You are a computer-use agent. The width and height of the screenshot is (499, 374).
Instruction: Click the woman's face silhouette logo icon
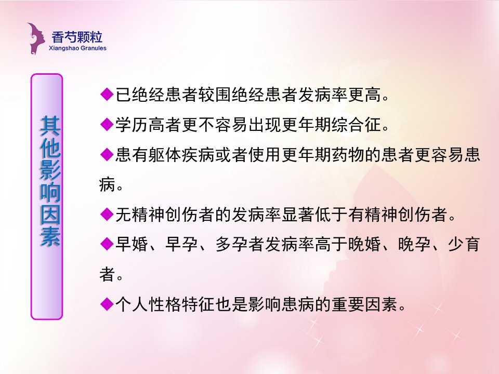point(36,38)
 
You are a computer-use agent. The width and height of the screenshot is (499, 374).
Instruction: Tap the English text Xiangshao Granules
point(77,48)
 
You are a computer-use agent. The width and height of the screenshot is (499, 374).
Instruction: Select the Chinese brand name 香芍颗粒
point(77,37)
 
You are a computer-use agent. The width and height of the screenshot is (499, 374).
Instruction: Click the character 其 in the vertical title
point(50,126)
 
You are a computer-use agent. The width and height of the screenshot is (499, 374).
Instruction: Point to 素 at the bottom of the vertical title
point(50,236)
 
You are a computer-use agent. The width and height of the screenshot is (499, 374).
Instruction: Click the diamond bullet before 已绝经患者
point(107,94)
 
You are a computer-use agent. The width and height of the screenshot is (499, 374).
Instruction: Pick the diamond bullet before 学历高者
point(107,124)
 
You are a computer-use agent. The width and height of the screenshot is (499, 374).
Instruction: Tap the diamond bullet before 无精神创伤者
point(107,214)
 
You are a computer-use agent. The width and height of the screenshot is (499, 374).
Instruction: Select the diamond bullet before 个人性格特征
point(107,304)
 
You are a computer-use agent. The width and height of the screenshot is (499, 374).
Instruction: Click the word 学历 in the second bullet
point(132,124)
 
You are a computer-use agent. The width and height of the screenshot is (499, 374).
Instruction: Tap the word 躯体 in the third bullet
point(165,155)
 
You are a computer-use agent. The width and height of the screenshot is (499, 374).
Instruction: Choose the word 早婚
point(132,244)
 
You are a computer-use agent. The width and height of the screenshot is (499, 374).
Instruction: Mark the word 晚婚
point(364,244)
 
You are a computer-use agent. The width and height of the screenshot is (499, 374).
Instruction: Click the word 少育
point(464,244)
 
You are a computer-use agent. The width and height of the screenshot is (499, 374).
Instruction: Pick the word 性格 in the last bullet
point(165,304)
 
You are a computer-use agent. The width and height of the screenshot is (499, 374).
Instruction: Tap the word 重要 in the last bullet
point(348,304)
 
